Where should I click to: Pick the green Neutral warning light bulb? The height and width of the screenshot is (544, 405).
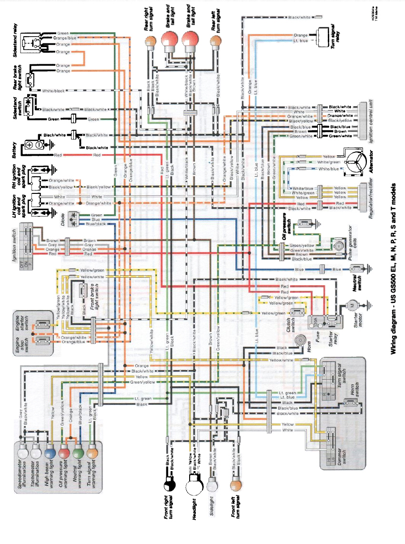pyautogui.click(x=80, y=451)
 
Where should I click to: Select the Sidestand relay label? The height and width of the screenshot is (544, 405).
pyautogui.click(x=15, y=40)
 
